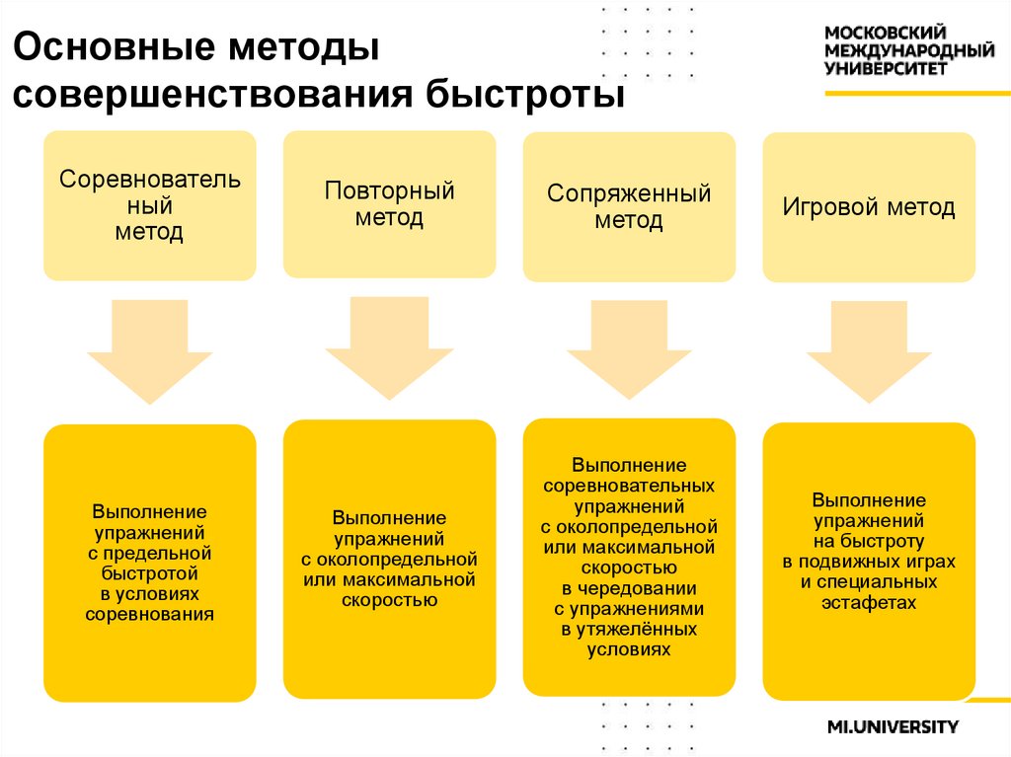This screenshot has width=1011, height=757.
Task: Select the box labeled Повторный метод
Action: (x=389, y=204)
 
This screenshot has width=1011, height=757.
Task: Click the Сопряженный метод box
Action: (x=629, y=206)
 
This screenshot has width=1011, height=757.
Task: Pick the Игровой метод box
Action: (x=869, y=208)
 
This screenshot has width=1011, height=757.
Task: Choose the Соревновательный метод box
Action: (x=149, y=206)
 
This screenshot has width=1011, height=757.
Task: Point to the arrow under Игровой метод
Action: (x=869, y=351)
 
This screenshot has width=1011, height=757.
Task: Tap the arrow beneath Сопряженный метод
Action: (x=629, y=351)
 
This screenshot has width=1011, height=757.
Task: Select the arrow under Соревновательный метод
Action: (x=149, y=351)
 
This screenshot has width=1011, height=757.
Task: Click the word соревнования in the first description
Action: (x=150, y=615)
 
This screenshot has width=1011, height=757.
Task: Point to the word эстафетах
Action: (x=869, y=602)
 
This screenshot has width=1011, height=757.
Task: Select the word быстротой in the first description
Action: (x=150, y=573)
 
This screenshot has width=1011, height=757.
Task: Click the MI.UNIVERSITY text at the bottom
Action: (x=893, y=727)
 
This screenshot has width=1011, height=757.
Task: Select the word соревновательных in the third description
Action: (x=629, y=486)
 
